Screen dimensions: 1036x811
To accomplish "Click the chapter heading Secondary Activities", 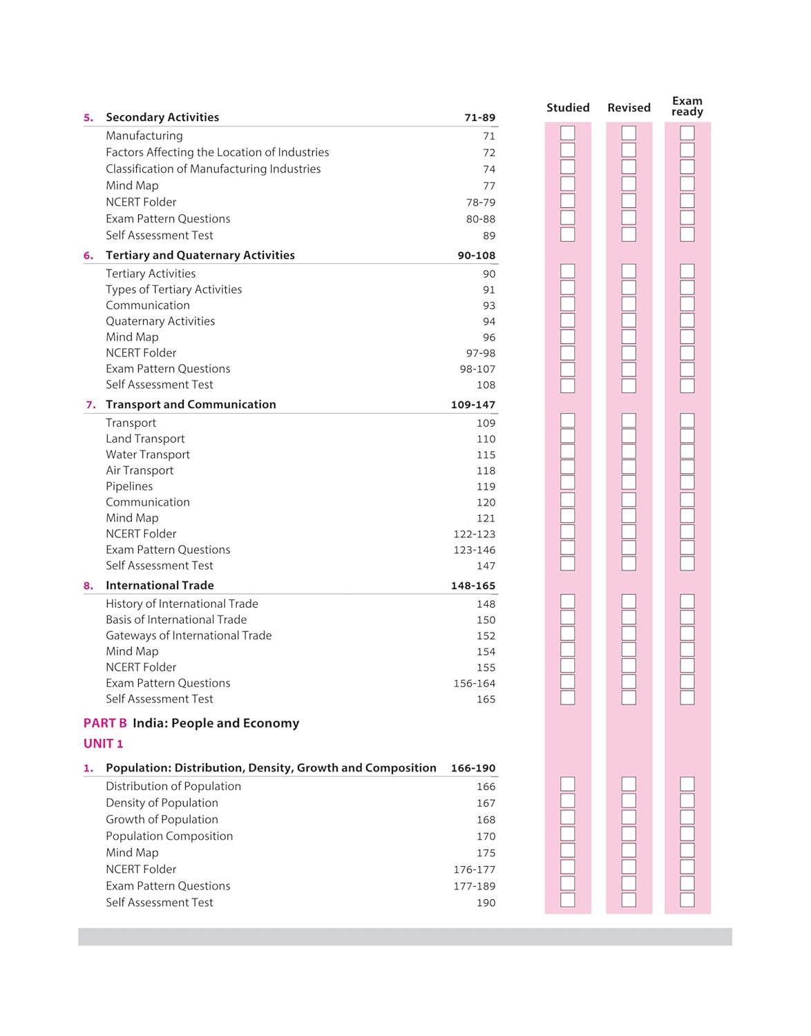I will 162,117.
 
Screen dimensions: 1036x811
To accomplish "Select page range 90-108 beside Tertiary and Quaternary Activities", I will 476,256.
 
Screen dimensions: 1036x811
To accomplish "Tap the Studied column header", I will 568,108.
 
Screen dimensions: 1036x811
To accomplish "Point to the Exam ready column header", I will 687,106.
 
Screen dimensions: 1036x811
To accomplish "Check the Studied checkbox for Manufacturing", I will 568,133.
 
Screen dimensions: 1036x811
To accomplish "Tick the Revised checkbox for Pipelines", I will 629,483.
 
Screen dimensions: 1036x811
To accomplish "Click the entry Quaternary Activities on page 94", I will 160,321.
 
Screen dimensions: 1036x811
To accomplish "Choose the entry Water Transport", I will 148,454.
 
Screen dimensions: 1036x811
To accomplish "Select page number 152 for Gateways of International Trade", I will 486,636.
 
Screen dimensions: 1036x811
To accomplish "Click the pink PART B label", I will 105,723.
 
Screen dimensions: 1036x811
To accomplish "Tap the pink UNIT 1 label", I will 103,744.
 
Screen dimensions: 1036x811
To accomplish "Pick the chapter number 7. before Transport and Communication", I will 90,405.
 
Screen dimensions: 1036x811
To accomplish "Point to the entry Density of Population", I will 162,803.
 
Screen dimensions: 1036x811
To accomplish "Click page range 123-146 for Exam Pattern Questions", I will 474,550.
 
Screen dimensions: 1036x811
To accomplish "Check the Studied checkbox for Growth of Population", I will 568,817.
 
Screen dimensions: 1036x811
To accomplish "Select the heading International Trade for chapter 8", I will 160,586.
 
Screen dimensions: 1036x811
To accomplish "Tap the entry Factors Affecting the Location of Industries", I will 217,152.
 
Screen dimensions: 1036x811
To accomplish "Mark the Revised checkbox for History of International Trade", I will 629,602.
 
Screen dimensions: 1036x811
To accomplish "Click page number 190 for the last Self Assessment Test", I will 486,903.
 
